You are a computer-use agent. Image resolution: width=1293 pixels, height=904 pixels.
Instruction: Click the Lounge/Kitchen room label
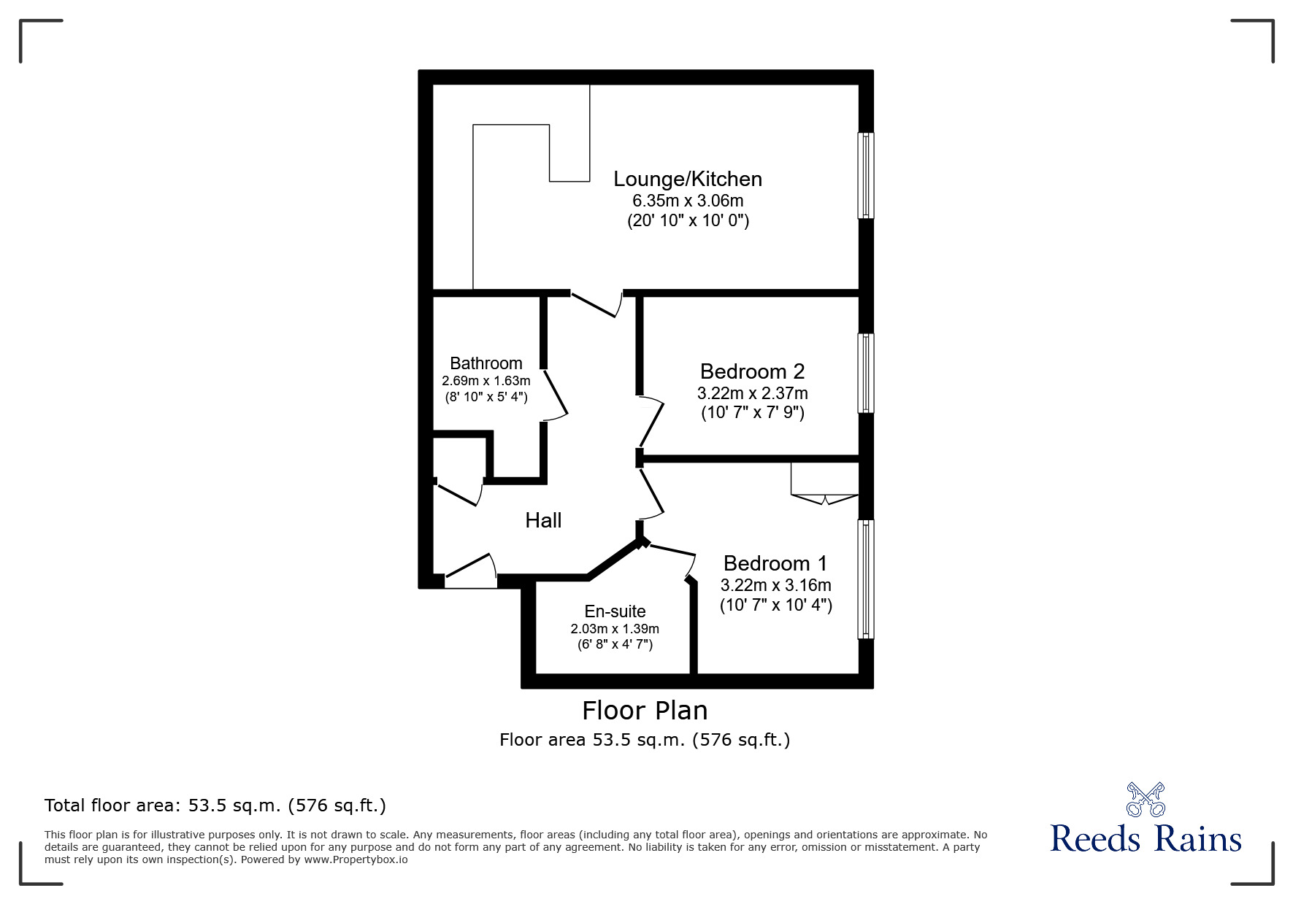tap(688, 179)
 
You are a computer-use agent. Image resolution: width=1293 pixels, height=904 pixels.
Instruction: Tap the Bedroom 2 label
tap(752, 371)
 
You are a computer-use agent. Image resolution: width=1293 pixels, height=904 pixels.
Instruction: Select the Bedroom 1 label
tap(775, 563)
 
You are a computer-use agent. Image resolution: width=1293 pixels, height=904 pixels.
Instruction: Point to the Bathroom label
tap(486, 363)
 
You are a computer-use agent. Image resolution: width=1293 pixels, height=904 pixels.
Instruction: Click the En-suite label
tap(615, 611)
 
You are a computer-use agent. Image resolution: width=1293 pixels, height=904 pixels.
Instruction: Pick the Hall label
tap(543, 520)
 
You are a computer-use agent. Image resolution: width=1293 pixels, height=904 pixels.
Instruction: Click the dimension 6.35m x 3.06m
tap(688, 200)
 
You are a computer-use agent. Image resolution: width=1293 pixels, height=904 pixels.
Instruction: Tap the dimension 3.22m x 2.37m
tap(752, 393)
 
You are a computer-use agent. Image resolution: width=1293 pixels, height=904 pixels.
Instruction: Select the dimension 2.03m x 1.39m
tap(615, 628)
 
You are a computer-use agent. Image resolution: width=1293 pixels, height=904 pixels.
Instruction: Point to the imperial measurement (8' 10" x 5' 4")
tap(486, 398)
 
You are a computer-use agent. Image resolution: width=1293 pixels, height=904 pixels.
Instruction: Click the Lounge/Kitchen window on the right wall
tap(865, 175)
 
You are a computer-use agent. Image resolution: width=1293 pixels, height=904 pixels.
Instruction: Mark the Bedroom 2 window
tap(865, 373)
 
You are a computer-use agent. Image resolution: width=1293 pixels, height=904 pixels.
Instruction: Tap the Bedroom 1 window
tap(865, 579)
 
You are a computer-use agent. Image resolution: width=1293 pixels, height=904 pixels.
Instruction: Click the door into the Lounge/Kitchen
tap(596, 304)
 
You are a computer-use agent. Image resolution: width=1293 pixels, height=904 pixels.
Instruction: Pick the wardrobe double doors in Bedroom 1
tap(825, 500)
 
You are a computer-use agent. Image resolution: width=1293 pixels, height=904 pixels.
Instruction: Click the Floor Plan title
tap(645, 711)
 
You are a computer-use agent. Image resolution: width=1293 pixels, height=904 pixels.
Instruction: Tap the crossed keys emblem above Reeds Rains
tap(1146, 800)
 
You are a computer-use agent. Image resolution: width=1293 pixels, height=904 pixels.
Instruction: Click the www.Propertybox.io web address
tap(356, 859)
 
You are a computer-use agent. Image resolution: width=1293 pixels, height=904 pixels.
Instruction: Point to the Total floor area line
tap(215, 806)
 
